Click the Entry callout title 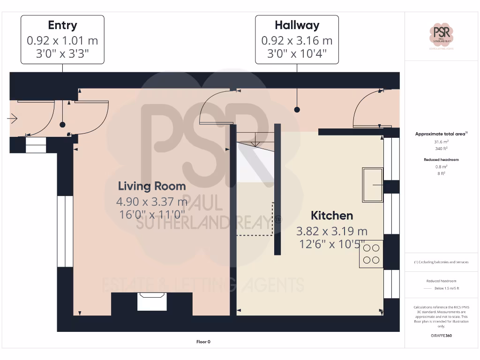tap(62, 25)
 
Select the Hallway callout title tap(297, 25)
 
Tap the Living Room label tap(152, 186)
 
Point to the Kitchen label tap(332, 216)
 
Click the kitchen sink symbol tap(373, 185)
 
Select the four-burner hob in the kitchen tap(371, 254)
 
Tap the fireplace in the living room tap(152, 301)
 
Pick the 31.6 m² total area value tap(441, 142)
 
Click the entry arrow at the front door tap(12, 119)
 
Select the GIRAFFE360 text tap(441, 336)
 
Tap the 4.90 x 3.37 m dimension tap(152, 202)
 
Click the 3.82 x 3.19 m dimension tap(332, 231)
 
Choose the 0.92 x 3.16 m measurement tap(297, 41)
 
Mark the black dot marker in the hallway tap(297, 110)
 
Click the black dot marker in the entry tap(62, 125)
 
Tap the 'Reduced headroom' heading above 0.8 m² tap(441, 160)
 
